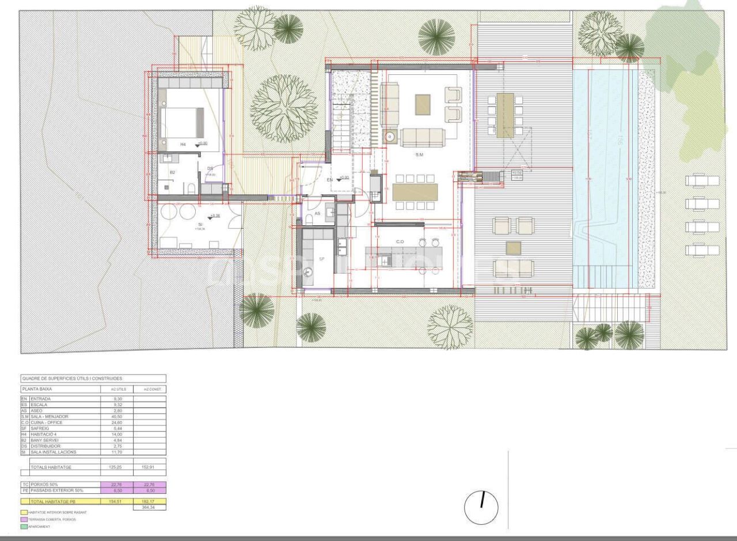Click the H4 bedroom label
183,145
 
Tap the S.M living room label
419,155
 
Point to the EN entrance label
330,180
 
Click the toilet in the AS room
309,218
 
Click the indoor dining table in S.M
415,192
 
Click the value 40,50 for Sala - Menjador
116,416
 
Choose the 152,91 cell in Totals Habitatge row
149,467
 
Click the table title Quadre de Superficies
73,379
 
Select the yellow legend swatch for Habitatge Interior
24,512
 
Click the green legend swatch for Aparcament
24,527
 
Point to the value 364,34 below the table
149,508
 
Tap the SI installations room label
200,224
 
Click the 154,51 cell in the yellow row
116,502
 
